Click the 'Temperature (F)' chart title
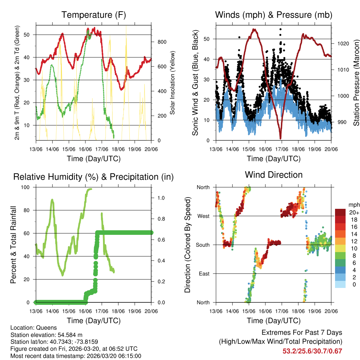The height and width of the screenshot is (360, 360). tap(94, 15)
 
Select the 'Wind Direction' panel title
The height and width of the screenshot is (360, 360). tap(274, 175)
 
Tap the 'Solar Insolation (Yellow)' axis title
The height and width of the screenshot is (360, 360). tap(173, 83)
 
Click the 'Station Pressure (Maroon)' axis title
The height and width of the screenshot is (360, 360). tap(356, 83)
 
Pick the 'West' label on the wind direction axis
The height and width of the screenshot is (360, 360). tap(203, 216)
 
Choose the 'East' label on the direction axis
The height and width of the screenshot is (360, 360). tap(203, 274)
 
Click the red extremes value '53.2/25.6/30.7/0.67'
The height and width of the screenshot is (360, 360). tap(312, 351)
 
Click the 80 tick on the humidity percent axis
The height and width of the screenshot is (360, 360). tap(28, 210)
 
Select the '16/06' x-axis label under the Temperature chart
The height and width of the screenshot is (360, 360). tap(85, 149)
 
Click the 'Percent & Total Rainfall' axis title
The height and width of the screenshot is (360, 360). tap(13, 245)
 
